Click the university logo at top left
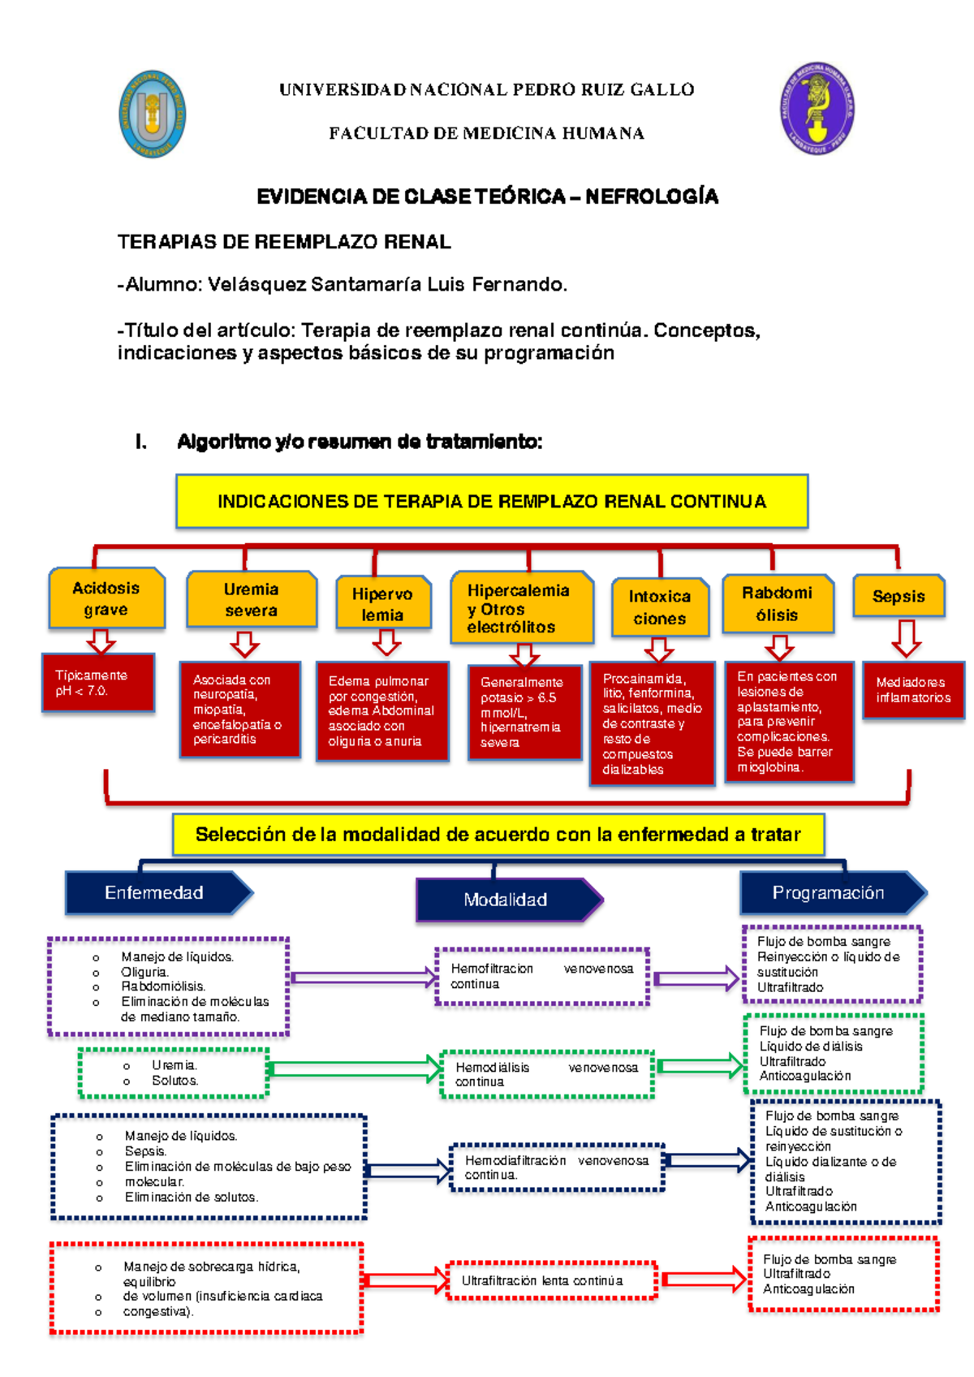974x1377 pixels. point(153,114)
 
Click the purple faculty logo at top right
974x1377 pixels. point(817,109)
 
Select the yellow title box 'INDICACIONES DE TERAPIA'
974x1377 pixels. point(492,502)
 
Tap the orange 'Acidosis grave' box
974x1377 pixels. point(106,599)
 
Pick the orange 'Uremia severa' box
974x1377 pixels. point(251,600)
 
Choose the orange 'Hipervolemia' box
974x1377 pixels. point(382,605)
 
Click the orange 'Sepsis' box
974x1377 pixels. point(899,597)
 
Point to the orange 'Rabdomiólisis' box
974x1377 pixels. point(777,604)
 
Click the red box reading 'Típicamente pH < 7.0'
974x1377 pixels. point(98,683)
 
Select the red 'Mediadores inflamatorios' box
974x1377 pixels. point(913,690)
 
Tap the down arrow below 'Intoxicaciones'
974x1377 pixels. point(659,650)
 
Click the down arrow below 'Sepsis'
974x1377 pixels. point(906,639)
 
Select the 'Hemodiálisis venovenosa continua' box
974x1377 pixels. point(547,1075)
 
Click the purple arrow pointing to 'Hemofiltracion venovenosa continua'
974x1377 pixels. point(363,978)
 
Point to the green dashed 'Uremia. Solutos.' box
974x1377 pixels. point(173,1073)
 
